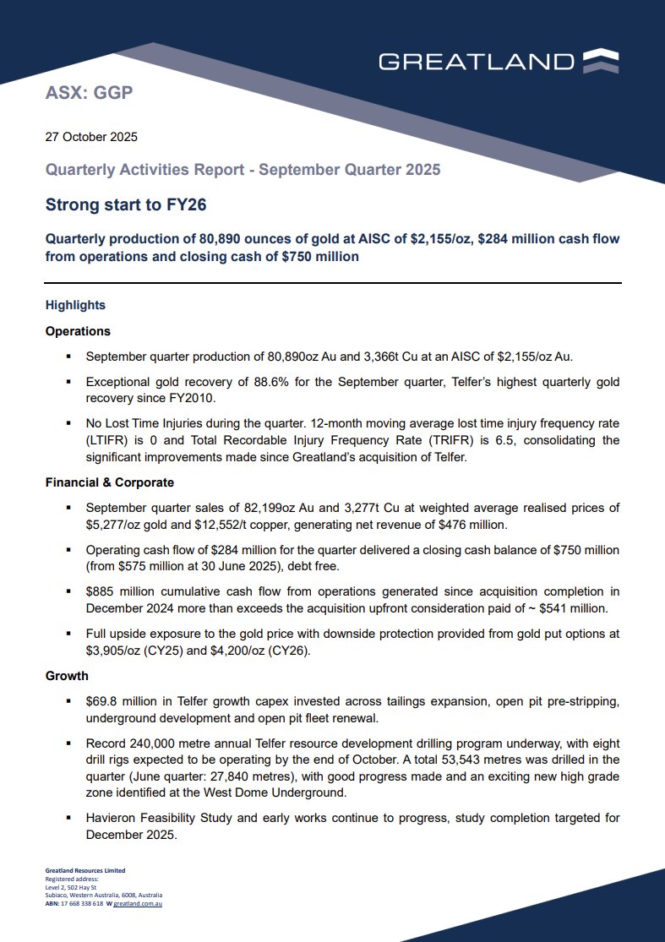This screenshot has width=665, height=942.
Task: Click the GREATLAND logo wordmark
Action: [x=476, y=61]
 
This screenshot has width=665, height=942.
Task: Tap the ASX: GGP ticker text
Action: [x=89, y=93]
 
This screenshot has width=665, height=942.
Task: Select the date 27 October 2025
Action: [x=90, y=137]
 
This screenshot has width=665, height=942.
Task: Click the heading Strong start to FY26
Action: [x=126, y=204]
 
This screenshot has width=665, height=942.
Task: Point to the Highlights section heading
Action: [x=75, y=305]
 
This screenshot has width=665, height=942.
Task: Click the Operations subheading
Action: [x=78, y=331]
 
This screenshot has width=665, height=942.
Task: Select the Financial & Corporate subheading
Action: [x=109, y=483]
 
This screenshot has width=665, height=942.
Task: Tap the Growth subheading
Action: [x=67, y=676]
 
